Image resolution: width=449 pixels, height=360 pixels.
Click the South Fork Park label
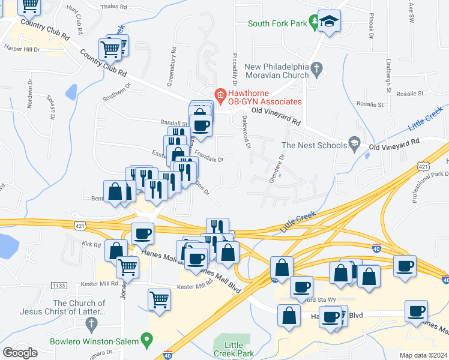pyautogui.click(x=277, y=23)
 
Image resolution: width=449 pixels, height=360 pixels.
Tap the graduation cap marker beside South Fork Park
pyautogui.click(x=329, y=22)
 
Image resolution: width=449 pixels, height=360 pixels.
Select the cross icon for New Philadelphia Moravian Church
pyautogui.click(x=318, y=70)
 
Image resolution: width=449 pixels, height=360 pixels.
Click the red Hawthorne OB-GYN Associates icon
pyautogui.click(x=220, y=95)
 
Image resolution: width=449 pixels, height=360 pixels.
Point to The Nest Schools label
pyautogui.click(x=313, y=145)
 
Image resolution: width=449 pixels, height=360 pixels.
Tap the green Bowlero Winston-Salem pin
pyautogui.click(x=146, y=341)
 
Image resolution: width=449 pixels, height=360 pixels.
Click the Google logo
pyautogui.click(x=20, y=352)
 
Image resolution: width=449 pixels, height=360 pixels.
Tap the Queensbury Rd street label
pyautogui.click(x=172, y=67)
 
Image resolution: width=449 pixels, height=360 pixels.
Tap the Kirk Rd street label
pyautogui.click(x=91, y=244)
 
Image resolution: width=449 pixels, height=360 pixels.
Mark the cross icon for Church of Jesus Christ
pyautogui.click(x=92, y=325)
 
